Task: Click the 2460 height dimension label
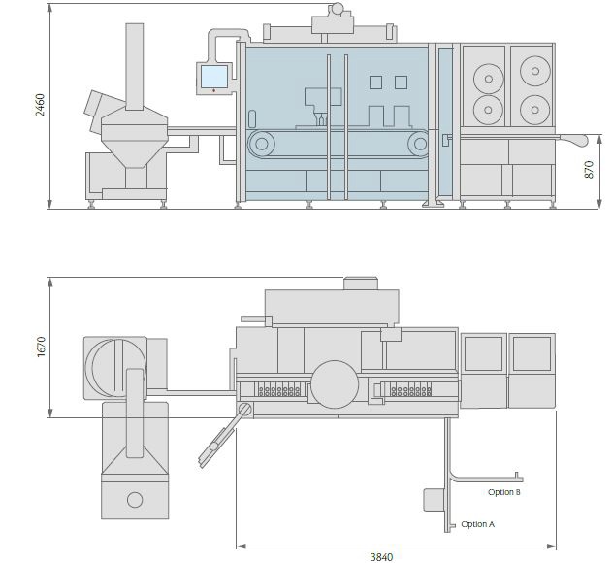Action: (41, 105)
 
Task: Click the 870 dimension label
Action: (589, 170)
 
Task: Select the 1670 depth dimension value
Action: (41, 347)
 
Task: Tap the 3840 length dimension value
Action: (381, 557)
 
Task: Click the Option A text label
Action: (478, 524)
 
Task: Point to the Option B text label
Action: (504, 492)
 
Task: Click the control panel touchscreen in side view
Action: (213, 77)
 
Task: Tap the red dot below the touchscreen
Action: (213, 91)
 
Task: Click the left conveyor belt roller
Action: (262, 144)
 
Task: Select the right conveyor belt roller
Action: (419, 144)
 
